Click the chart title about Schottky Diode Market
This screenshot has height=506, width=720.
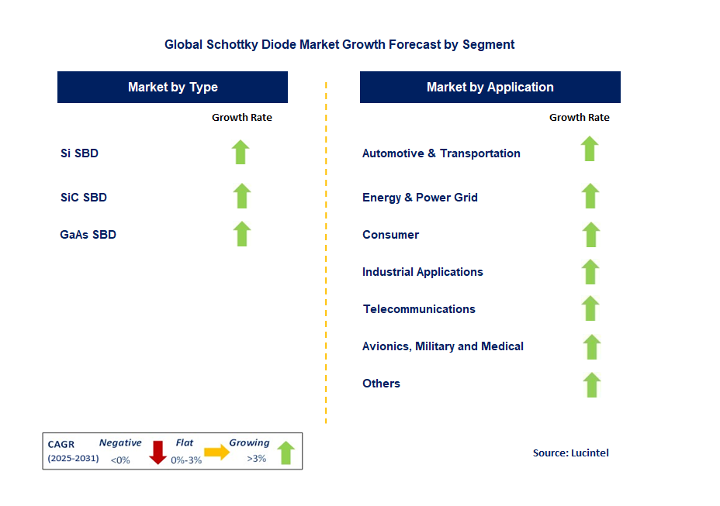tap(339, 44)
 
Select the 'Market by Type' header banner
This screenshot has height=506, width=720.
tap(172, 87)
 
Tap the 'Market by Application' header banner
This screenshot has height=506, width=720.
tap(490, 87)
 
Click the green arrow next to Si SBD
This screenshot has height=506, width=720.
tap(241, 152)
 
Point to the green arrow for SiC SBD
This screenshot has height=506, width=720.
tap(242, 196)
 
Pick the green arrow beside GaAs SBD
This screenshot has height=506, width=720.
tap(242, 233)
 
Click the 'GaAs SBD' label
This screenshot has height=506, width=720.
tap(88, 234)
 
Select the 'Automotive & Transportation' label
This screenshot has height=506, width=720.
tap(441, 153)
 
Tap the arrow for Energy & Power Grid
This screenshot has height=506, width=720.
tap(590, 196)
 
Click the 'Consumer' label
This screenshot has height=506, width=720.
tap(390, 235)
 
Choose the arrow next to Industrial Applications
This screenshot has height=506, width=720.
tap(590, 271)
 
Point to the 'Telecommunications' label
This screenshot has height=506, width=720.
tap(419, 309)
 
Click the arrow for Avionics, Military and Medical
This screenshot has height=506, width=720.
tap(591, 346)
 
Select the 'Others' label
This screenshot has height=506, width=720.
tap(381, 384)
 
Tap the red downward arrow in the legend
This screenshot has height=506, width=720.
tap(158, 452)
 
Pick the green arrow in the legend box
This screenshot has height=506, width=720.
tap(286, 453)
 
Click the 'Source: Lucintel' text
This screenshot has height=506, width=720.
tap(570, 453)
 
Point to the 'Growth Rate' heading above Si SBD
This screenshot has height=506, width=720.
tap(241, 117)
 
